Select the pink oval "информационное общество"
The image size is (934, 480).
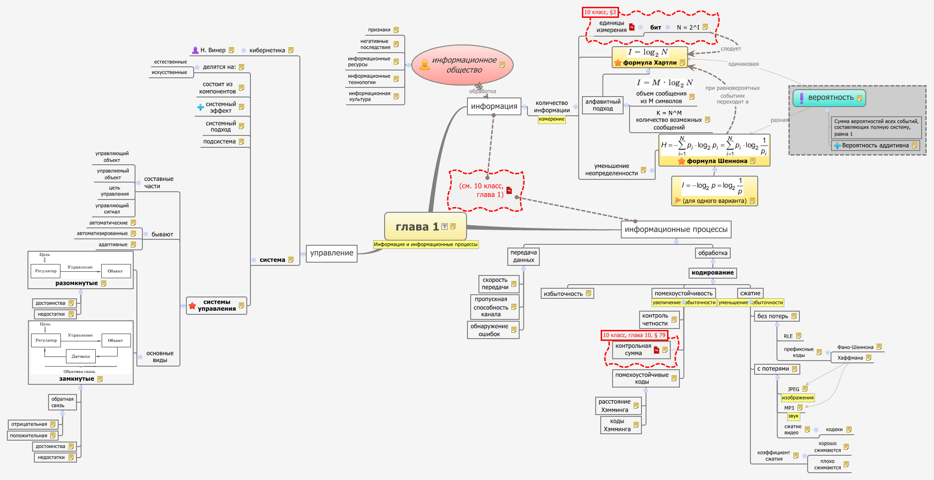click(x=463, y=65)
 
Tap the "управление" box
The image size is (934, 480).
click(x=331, y=253)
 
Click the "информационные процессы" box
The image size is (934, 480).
click(x=676, y=229)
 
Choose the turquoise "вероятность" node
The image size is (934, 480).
click(x=830, y=97)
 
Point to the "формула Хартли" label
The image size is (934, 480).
click(x=650, y=63)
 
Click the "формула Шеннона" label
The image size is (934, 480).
click(x=717, y=161)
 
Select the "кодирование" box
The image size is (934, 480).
click(x=712, y=273)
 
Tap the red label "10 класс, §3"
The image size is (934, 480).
click(x=600, y=12)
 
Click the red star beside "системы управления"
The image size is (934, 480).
click(x=192, y=306)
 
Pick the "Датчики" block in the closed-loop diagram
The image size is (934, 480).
click(x=81, y=356)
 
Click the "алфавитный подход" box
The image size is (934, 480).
click(x=603, y=105)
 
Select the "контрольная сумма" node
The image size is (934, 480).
click(x=633, y=350)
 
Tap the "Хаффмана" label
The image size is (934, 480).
click(x=850, y=358)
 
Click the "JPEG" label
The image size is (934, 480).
click(x=793, y=389)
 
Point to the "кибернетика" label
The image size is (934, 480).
click(x=267, y=50)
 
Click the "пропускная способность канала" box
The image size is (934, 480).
click(x=491, y=307)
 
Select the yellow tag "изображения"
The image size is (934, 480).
click(x=797, y=398)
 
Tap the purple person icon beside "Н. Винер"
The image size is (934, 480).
click(x=195, y=50)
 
